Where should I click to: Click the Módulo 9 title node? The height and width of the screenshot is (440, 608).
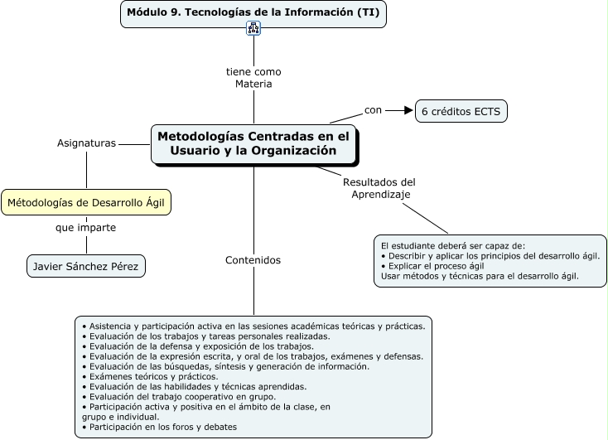[253, 13]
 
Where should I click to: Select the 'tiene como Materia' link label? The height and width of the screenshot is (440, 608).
[253, 78]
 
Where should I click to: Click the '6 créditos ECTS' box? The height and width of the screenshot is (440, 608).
[461, 111]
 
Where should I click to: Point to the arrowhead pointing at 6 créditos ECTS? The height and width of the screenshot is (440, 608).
[408, 109]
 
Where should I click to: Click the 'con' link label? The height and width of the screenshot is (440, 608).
[374, 109]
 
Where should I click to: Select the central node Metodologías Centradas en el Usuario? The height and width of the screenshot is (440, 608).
[253, 143]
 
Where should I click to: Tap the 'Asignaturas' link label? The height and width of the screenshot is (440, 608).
[86, 143]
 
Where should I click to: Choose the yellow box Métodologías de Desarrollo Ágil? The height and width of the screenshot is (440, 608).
[86, 202]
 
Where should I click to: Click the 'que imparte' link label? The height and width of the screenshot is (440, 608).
[86, 227]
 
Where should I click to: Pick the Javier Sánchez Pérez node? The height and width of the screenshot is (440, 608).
[86, 266]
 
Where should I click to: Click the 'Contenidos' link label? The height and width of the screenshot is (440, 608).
[253, 260]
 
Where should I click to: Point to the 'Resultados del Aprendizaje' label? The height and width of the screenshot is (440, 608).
[379, 188]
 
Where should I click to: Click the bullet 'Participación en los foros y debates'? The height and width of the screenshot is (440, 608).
[163, 427]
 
